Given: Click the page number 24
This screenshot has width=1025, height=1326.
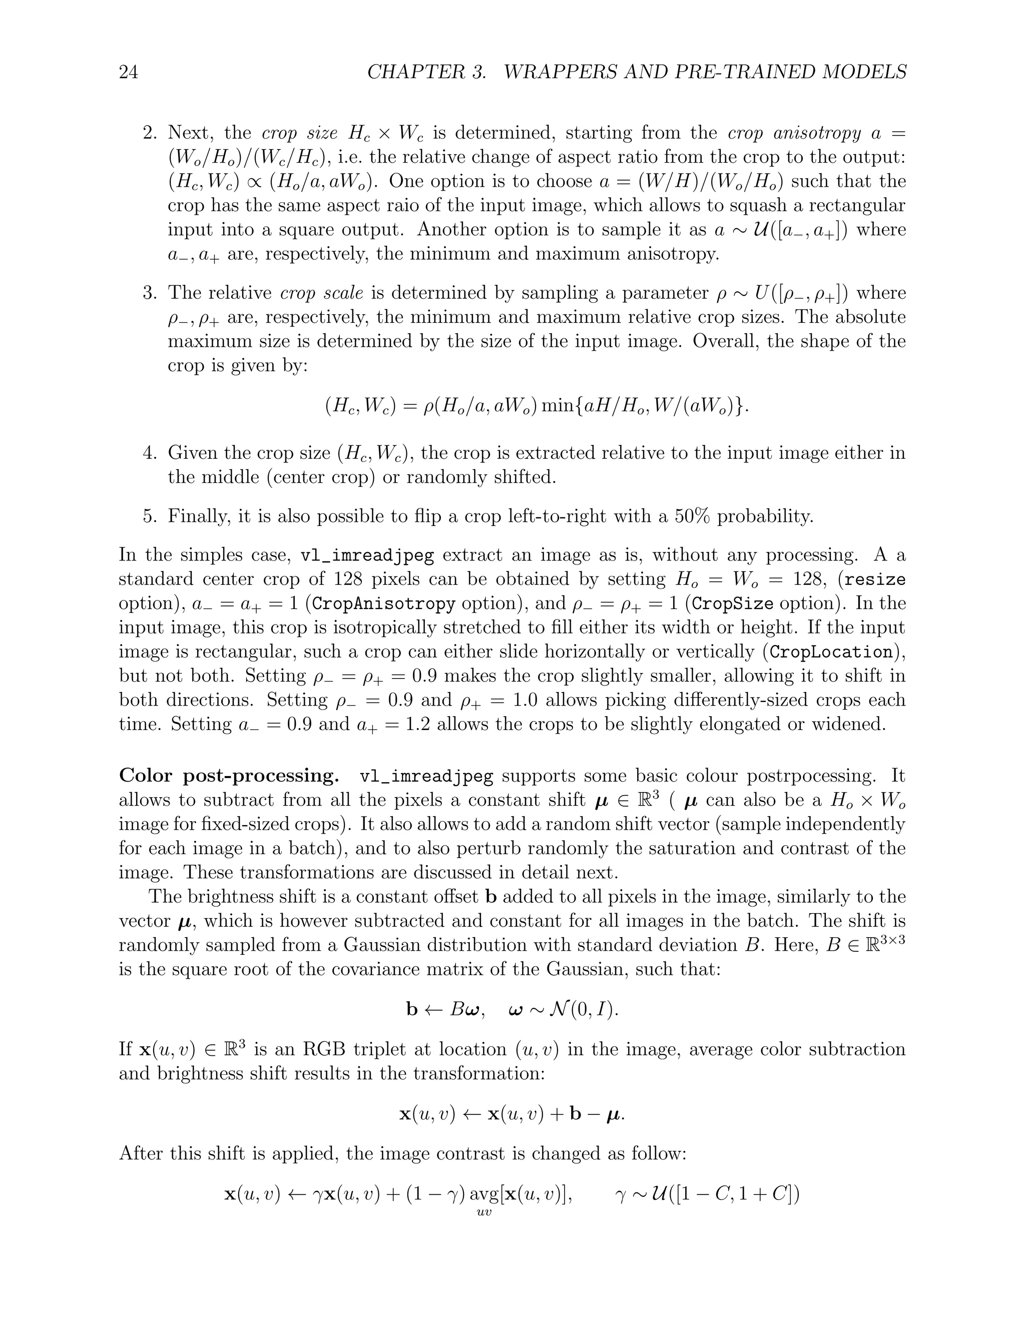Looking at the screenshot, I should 128,72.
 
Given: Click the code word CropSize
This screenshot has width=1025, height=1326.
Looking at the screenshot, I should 733,604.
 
